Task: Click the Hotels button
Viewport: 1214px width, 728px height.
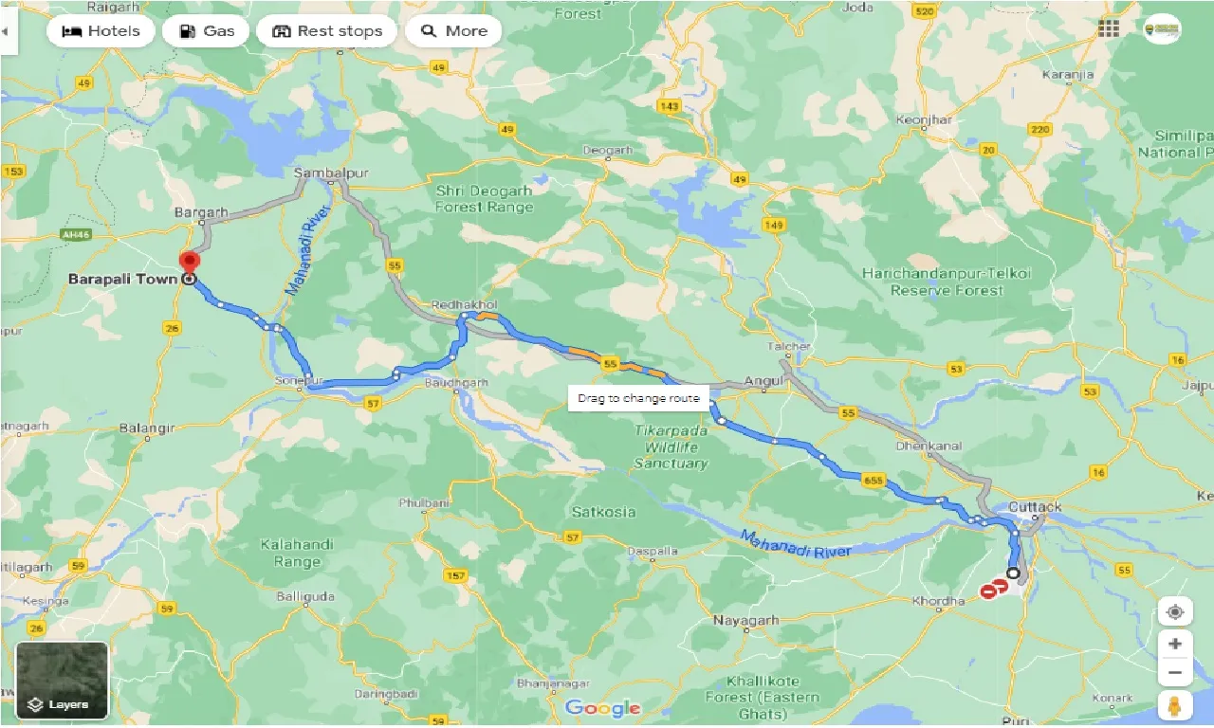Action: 100,31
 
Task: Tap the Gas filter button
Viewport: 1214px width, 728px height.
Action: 206,31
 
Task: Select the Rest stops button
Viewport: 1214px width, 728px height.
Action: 326,31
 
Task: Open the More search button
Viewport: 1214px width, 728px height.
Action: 453,31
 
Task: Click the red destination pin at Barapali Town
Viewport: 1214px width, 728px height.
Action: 190,262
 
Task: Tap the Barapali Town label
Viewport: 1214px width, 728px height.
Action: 122,280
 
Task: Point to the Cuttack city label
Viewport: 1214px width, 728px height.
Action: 1036,507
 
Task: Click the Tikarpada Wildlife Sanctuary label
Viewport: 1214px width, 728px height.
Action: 671,446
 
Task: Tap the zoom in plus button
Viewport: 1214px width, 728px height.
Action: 1175,644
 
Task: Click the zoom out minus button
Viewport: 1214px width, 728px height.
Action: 1175,673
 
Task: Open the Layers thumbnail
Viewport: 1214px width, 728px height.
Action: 63,681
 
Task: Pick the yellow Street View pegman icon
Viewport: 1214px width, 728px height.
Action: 1175,706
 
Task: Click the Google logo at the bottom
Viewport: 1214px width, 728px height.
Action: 602,708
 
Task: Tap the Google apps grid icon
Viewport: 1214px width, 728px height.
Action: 1109,28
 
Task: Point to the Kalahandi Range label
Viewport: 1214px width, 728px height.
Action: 297,554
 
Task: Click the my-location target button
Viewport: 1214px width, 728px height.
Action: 1175,612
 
